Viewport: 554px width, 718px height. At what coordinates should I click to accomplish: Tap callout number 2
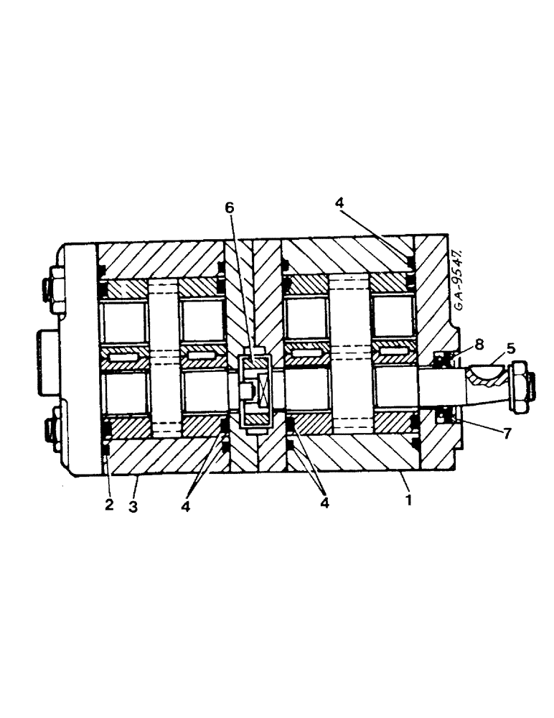tap(109, 505)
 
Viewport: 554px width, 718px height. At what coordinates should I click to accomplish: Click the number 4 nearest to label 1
tap(324, 503)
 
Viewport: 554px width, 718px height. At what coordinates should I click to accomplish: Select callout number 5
tap(510, 350)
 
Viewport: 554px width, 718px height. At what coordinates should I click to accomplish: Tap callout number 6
tap(229, 208)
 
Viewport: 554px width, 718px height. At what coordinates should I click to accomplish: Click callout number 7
tap(507, 434)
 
